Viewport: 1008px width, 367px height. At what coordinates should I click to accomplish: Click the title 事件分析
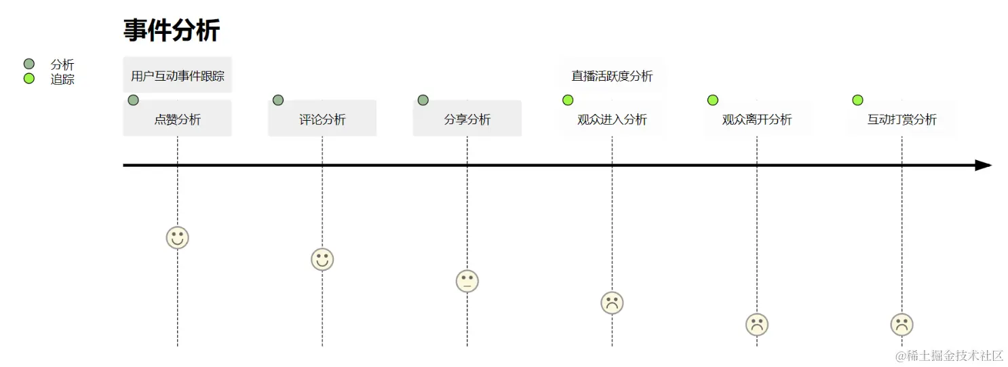coord(172,31)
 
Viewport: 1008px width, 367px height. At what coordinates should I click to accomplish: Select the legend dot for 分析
coord(28,64)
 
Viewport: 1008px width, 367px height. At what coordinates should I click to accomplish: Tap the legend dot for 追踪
coord(28,79)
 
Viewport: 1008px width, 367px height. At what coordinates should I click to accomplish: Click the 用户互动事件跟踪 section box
coord(178,75)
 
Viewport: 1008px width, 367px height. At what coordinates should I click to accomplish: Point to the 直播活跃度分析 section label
coord(612,75)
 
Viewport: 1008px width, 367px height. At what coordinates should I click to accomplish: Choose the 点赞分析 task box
coord(178,119)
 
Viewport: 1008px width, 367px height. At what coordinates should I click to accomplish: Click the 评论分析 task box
coord(322,119)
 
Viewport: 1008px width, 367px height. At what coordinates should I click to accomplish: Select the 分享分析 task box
coord(467,119)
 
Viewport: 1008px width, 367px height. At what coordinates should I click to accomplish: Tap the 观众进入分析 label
coord(612,119)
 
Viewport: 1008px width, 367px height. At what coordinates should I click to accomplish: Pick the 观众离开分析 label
coord(757,119)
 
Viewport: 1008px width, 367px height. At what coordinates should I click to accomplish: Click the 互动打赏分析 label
coord(902,119)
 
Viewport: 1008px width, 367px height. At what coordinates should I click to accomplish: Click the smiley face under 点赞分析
coord(178,237)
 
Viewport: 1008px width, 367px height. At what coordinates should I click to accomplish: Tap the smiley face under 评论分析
coord(322,259)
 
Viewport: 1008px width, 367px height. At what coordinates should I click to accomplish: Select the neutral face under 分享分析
coord(467,281)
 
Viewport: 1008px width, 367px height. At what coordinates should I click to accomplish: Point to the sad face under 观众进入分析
coord(612,303)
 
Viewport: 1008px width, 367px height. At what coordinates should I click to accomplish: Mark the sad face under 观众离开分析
coord(757,324)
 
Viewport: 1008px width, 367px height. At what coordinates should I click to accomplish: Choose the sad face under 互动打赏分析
coord(902,324)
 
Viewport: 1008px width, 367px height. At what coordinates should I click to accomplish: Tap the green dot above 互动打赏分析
coord(857,100)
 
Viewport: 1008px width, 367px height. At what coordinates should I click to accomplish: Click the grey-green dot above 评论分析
coord(278,100)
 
